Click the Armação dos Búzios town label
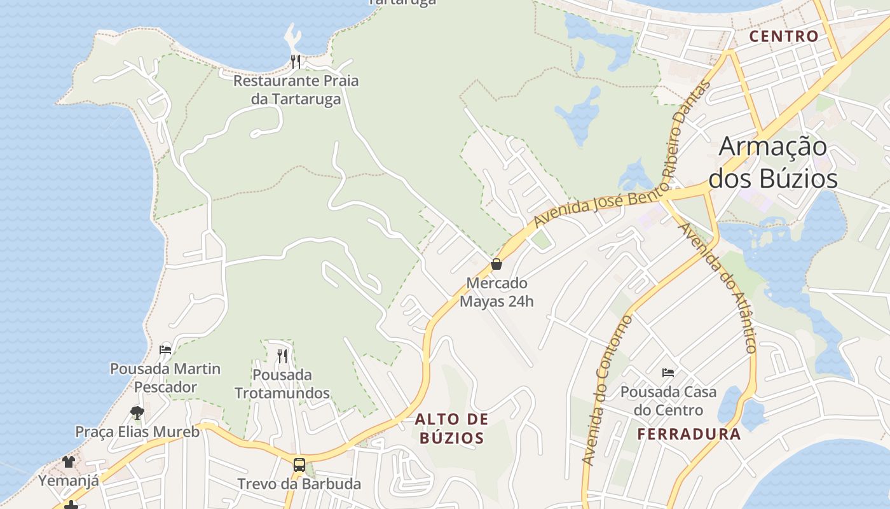[773, 163]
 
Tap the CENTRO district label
[783, 36]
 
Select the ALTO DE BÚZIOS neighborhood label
[452, 428]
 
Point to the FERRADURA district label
[689, 435]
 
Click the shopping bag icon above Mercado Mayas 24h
[496, 264]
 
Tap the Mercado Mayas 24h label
[496, 292]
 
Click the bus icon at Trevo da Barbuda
[299, 464]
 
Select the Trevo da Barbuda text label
[299, 484]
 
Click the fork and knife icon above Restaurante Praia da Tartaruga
[295, 62]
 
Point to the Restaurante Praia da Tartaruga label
[296, 90]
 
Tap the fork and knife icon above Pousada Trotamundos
[282, 356]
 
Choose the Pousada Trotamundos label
[282, 384]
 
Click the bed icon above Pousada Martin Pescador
[165, 349]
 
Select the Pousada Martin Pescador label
[165, 377]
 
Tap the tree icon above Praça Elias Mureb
[137, 413]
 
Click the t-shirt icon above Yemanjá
[69, 461]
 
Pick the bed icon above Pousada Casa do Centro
[667, 372]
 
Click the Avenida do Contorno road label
[606, 389]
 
